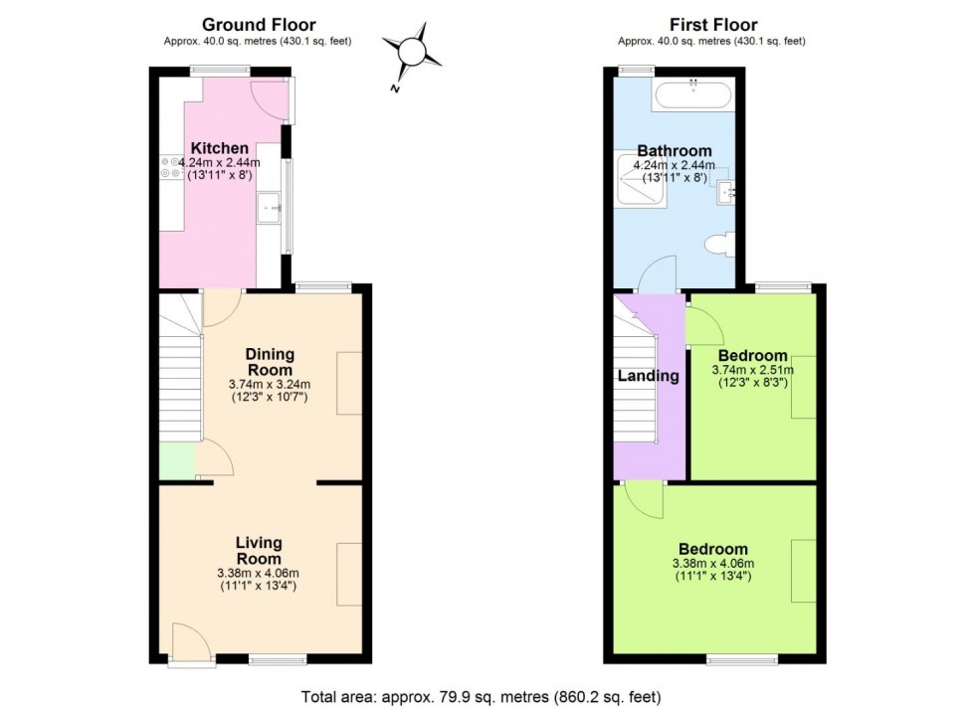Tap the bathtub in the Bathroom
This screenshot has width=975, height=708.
click(x=691, y=97)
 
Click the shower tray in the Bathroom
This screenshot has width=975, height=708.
click(x=638, y=183)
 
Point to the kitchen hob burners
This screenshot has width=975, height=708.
click(x=167, y=169)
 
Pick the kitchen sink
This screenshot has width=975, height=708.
click(x=269, y=209)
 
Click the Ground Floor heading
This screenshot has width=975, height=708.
click(x=258, y=25)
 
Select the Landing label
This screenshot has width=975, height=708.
click(x=648, y=376)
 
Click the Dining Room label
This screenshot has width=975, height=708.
click(x=271, y=362)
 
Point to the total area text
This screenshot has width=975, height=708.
click(x=481, y=696)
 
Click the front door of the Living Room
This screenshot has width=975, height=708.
click(x=188, y=642)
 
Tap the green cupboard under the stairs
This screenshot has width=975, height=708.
click(x=178, y=460)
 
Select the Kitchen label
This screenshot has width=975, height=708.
click(x=220, y=148)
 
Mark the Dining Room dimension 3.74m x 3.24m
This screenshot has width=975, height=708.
click(x=271, y=385)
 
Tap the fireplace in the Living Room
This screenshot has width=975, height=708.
click(x=348, y=575)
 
